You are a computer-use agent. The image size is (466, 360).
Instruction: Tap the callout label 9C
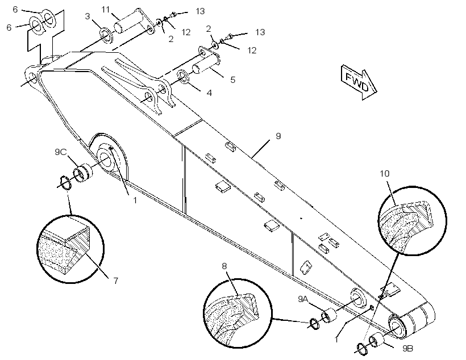[61, 152]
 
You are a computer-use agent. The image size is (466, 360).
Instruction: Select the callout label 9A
[303, 299]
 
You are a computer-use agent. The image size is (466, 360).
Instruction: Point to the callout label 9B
[408, 349]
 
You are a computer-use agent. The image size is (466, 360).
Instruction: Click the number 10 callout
[385, 173]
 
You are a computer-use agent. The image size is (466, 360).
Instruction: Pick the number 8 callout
[224, 266]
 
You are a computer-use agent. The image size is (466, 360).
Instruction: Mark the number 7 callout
[115, 281]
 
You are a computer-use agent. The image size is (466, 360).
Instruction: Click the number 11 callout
[106, 10]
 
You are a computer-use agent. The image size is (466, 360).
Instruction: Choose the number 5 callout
[232, 79]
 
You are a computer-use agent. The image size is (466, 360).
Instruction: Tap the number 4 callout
[209, 93]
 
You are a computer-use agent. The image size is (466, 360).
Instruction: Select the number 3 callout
[87, 16]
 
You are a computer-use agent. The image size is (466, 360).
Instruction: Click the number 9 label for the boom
[278, 136]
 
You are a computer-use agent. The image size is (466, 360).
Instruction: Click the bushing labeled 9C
[83, 173]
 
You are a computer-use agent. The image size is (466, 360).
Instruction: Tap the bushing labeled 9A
[328, 316]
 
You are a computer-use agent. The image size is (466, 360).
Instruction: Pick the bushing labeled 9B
[376, 339]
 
